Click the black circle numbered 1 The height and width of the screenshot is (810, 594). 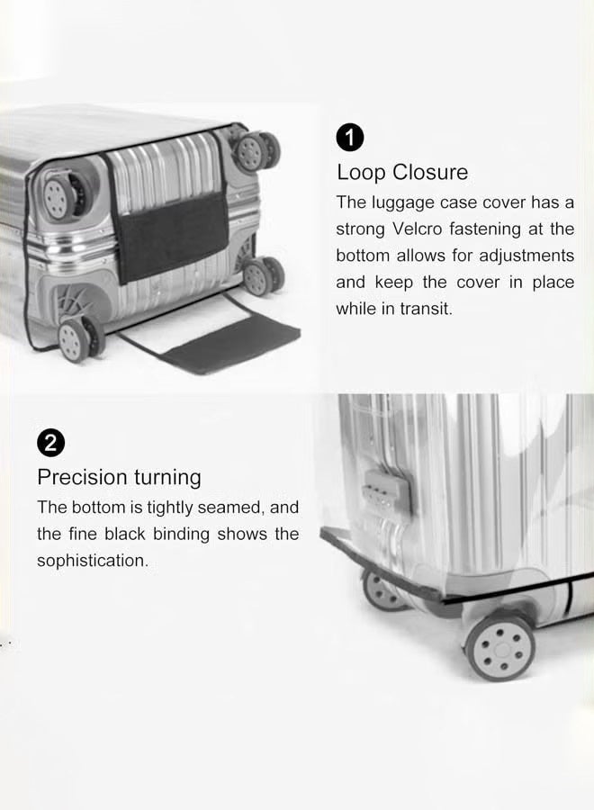pos(350,139)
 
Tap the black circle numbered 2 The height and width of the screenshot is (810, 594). pos(50,443)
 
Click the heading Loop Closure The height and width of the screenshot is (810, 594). pos(402,172)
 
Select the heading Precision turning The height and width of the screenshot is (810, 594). pos(119,476)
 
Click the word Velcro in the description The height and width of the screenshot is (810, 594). pos(424,229)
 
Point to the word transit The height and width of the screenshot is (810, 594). pos(424,309)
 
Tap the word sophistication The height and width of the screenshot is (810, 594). pos(92,561)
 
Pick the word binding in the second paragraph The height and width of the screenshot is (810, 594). pos(181,534)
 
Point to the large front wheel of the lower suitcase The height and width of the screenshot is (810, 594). pos(500,646)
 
